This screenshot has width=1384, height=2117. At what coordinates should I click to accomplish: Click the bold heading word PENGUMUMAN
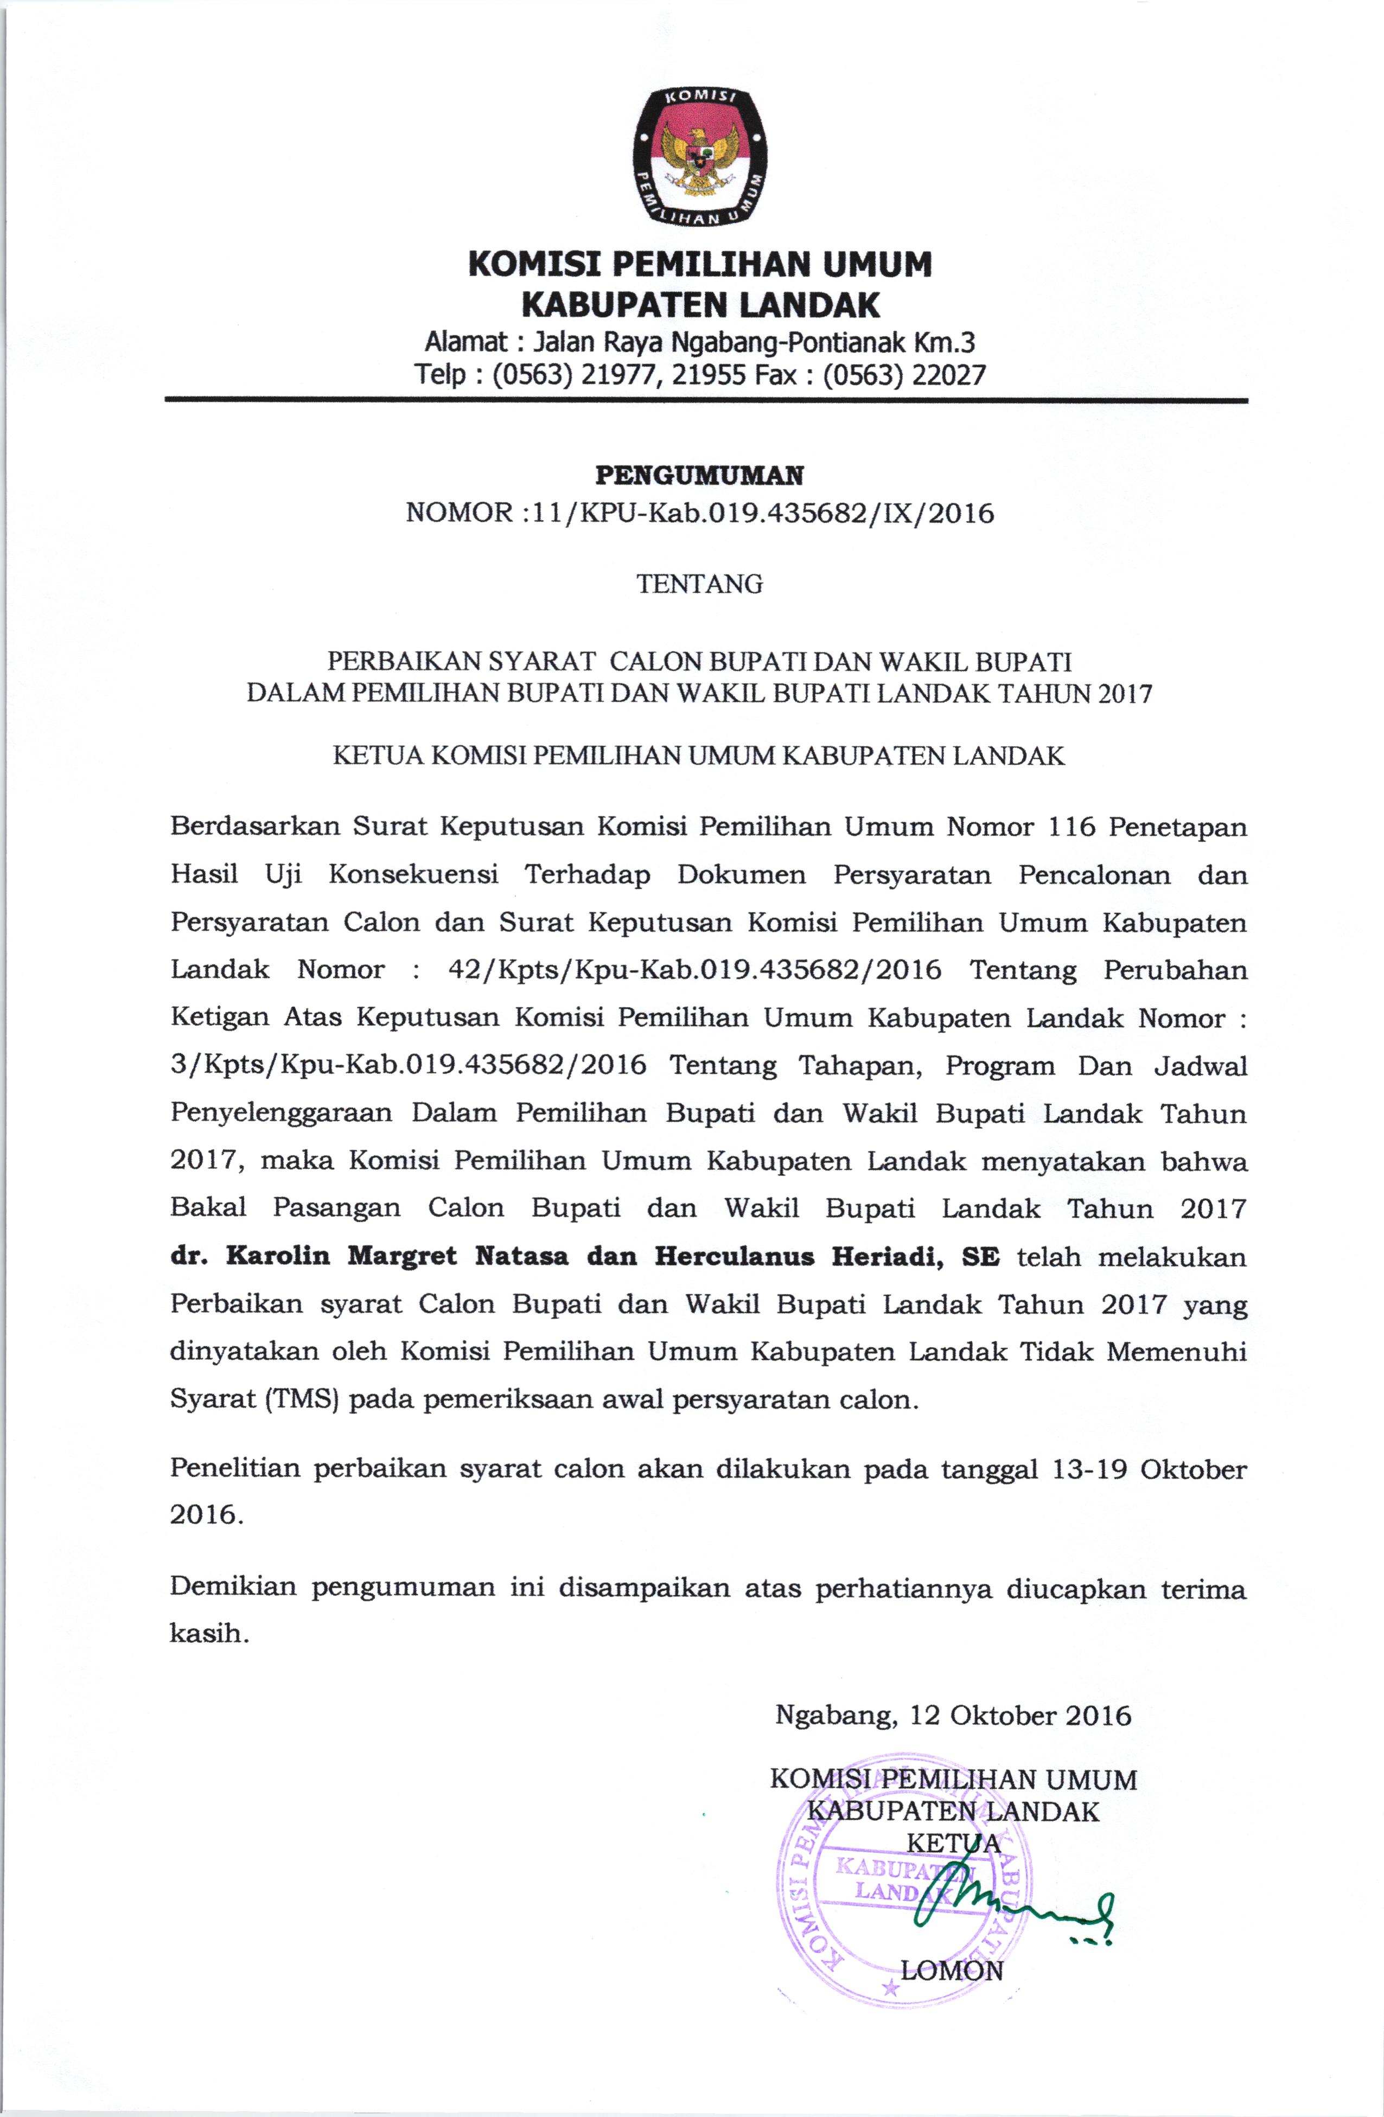click(699, 476)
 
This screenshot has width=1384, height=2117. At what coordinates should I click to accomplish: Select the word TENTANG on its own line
click(699, 584)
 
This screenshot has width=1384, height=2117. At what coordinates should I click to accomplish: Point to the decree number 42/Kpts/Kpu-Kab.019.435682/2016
click(694, 970)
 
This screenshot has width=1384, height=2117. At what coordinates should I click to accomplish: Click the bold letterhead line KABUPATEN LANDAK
click(699, 305)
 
